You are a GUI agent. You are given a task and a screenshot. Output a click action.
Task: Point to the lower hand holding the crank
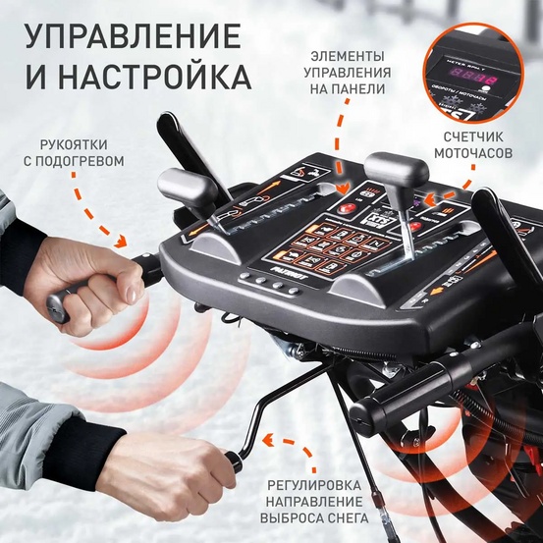click(167, 462)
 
